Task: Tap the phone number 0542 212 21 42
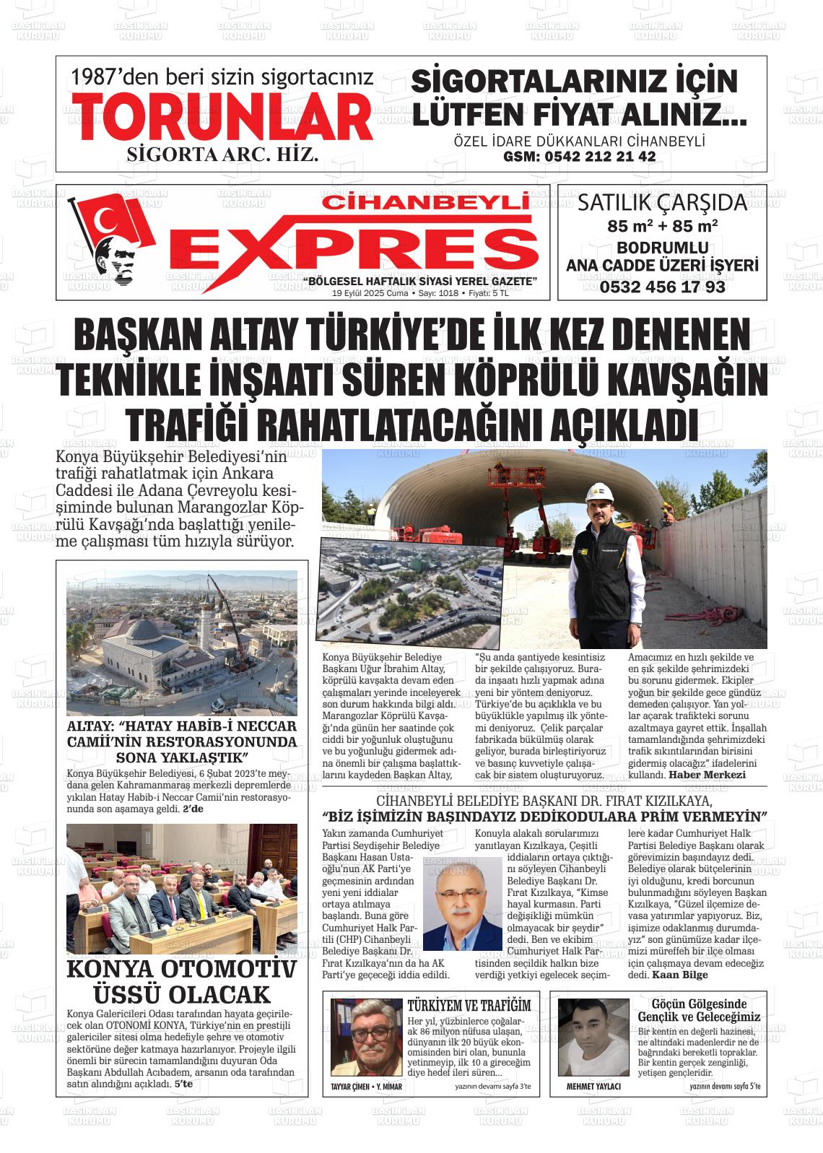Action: tap(580, 157)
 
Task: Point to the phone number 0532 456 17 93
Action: tap(662, 287)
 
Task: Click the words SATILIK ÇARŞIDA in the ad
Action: tap(662, 203)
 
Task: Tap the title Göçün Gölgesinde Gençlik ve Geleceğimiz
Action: tap(698, 1010)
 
